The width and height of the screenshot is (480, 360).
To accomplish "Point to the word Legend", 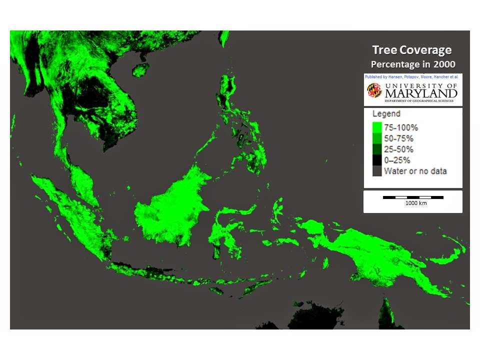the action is pos(386,114).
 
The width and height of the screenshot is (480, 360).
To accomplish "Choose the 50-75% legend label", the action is pos(398,138).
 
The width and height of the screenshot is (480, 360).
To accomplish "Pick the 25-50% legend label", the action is pos(398,149).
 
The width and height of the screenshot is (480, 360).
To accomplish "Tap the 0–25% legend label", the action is pos(397,160).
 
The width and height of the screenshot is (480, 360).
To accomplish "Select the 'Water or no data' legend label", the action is pos(415,171).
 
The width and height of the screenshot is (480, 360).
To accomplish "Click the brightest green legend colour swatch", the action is pos(377,127).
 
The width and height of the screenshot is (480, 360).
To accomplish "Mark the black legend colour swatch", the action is pos(377,160).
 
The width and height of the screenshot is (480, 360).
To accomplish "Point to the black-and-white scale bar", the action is pos(412,197).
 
